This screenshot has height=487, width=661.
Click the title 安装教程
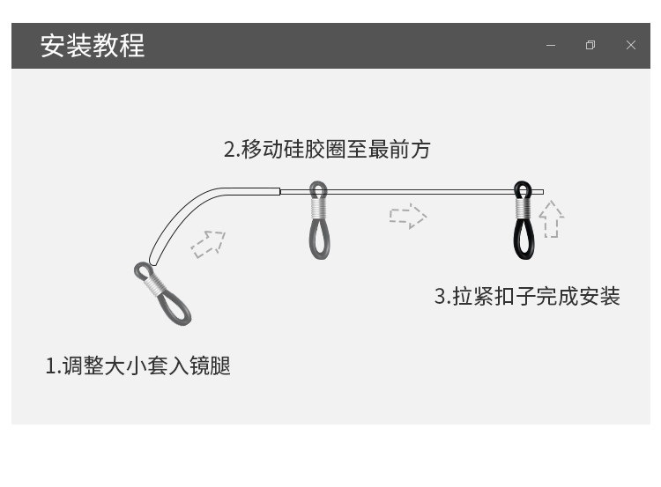(x=93, y=45)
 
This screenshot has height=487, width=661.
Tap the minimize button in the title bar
(x=551, y=46)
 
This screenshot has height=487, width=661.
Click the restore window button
(x=590, y=46)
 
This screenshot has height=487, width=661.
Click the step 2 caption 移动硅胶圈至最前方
(x=327, y=149)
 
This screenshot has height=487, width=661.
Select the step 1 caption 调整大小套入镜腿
(x=138, y=365)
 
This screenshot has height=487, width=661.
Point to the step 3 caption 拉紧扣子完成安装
(x=527, y=296)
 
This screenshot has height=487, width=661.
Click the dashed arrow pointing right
(x=407, y=216)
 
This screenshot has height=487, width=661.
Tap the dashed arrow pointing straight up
(x=551, y=219)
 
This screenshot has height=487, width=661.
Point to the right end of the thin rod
(x=541, y=192)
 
